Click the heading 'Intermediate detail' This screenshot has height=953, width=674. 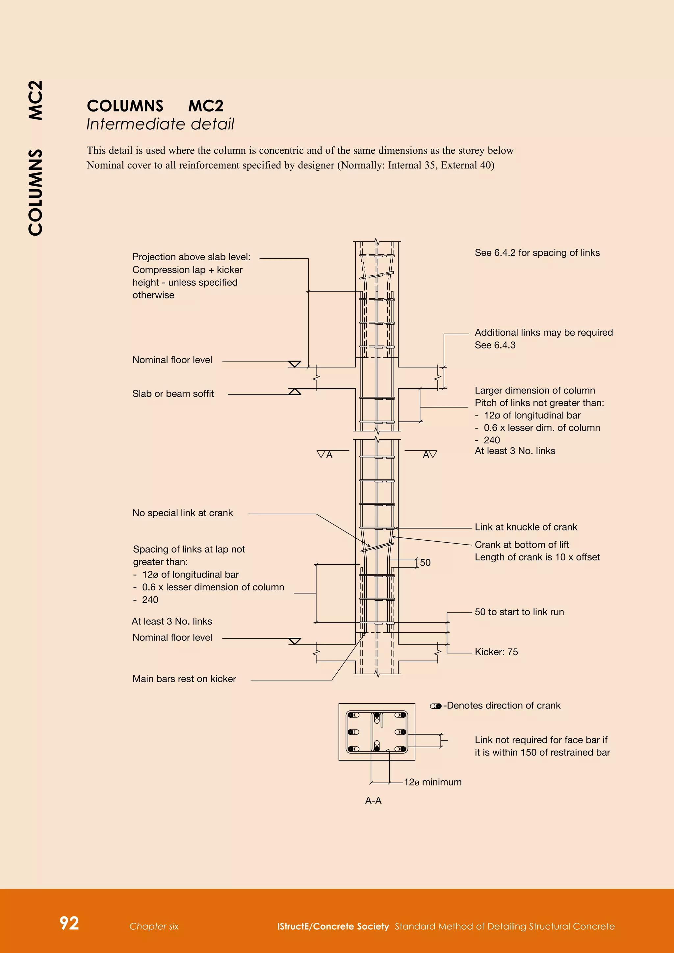[x=160, y=124]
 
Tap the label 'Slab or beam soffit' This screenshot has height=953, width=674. [x=173, y=394]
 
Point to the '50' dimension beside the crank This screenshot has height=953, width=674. [x=425, y=562]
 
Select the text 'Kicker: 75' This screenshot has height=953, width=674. [x=496, y=652]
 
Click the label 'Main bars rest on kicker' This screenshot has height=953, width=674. [x=184, y=679]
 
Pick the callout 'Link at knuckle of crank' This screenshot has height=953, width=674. [x=526, y=527]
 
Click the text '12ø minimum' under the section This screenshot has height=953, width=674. [x=432, y=782]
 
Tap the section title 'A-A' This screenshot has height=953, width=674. [x=373, y=801]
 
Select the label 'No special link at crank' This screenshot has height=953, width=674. [x=183, y=513]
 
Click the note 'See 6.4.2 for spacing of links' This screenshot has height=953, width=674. [x=537, y=253]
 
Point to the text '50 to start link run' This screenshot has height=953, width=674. [x=519, y=612]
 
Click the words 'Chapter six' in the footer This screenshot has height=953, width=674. [x=154, y=926]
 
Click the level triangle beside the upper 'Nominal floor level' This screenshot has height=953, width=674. [x=295, y=364]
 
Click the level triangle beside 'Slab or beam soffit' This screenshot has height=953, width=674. [x=295, y=391]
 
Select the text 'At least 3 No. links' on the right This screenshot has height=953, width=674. [x=515, y=451]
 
